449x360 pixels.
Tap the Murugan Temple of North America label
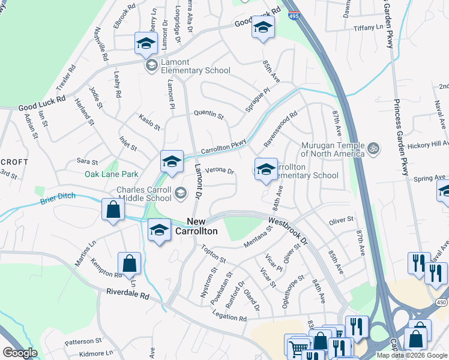[x=325, y=150]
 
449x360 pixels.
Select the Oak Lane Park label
[x=111, y=174]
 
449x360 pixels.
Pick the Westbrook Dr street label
[x=288, y=227]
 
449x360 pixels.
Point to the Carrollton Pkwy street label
[x=224, y=146]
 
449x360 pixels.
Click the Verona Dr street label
[x=219, y=170]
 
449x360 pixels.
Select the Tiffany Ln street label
[x=368, y=28]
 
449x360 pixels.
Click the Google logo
[x=20, y=353]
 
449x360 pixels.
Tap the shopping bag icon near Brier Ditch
[x=112, y=211]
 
